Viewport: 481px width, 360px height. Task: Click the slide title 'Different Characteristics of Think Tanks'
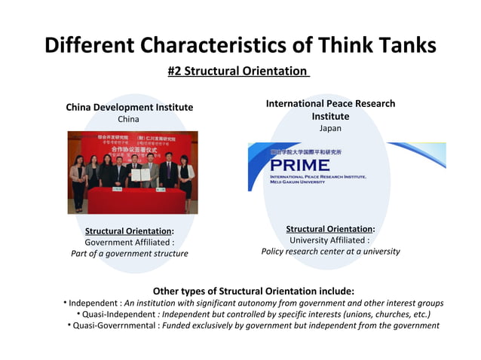coord(240,44)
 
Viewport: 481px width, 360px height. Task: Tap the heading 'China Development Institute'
coord(129,107)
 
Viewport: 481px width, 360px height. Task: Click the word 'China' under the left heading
coord(129,120)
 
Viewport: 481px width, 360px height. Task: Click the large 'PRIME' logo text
coord(296,165)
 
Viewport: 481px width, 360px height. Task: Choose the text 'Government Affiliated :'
coord(129,243)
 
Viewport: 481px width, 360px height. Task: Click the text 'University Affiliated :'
coord(330,240)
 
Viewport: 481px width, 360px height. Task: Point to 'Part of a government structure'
coord(129,254)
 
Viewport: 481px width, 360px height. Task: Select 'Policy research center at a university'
coord(330,252)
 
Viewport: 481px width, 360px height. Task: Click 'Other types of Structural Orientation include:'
coord(253,291)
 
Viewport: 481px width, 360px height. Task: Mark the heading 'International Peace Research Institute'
coord(330,110)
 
